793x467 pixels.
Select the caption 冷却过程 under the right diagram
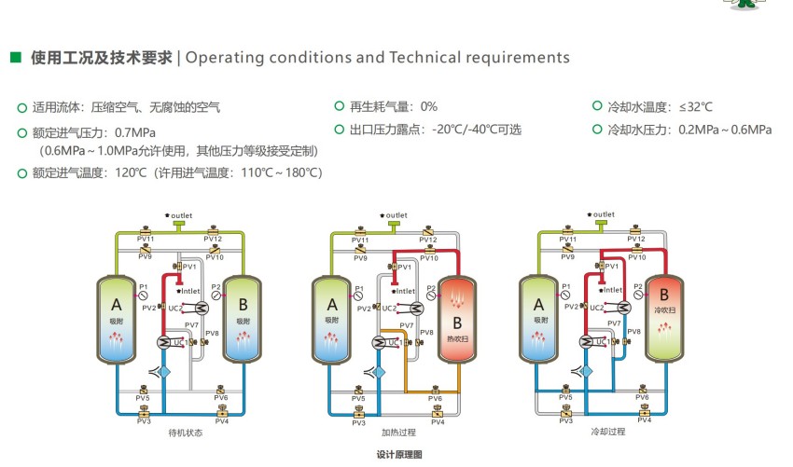point(608,433)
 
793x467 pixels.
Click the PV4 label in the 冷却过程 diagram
point(644,420)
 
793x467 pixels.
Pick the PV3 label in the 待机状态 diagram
point(144,421)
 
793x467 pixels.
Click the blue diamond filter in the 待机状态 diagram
point(166,371)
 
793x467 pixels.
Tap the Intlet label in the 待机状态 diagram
point(189,291)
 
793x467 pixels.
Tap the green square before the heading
point(16,58)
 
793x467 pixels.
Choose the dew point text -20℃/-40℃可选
point(476,130)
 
